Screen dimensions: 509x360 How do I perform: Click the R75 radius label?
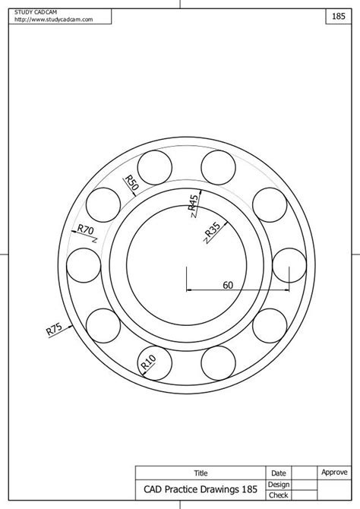pos(54,329)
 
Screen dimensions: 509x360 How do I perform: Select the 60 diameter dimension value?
pos(228,285)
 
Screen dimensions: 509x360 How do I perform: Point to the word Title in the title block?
pos(201,473)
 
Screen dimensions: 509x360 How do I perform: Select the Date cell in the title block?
pos(278,473)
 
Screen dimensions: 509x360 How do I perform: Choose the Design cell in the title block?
pos(278,484)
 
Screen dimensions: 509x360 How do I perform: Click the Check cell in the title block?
pos(278,495)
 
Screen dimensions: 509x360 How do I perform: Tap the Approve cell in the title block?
pos(334,472)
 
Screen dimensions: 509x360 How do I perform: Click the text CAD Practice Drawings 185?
pos(200,489)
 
